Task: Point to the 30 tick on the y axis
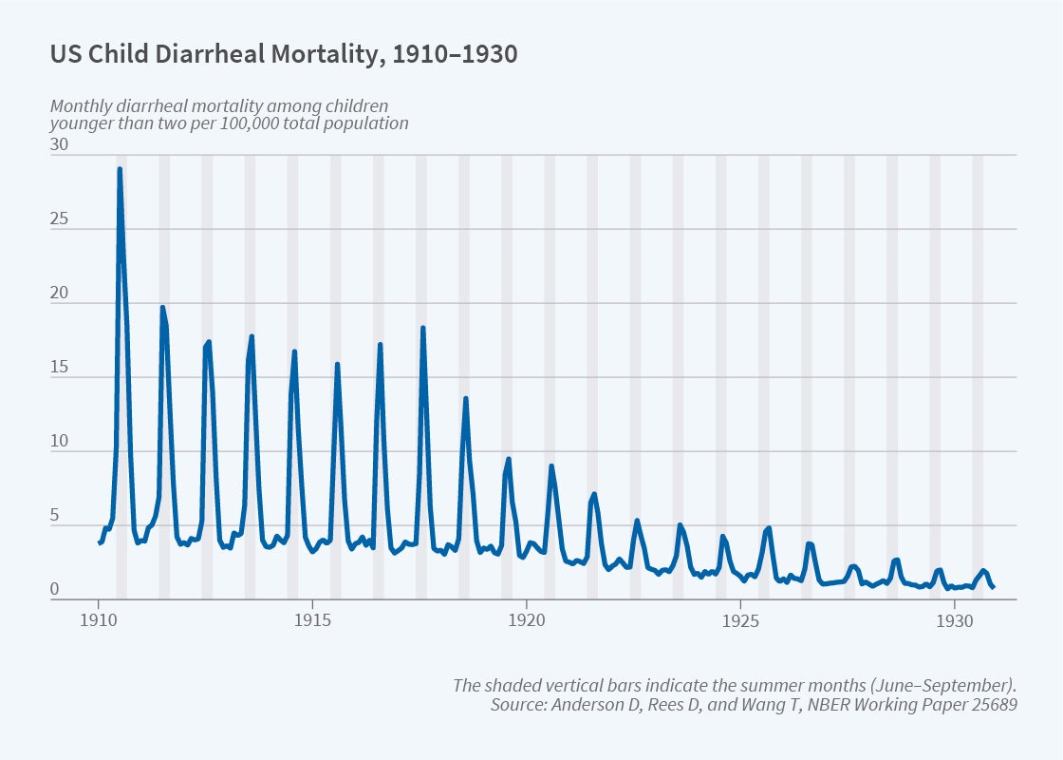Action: (59, 145)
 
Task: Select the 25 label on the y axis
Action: (59, 219)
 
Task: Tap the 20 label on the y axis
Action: (59, 294)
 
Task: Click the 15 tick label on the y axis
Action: (59, 368)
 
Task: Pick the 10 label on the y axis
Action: (59, 442)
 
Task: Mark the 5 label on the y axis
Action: (55, 516)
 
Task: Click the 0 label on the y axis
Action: (55, 590)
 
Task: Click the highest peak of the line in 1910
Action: (120, 169)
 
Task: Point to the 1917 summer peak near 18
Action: (423, 328)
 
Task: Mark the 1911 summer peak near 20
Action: (162, 307)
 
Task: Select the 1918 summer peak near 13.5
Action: (465, 399)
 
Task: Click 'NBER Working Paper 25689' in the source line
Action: (916, 705)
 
